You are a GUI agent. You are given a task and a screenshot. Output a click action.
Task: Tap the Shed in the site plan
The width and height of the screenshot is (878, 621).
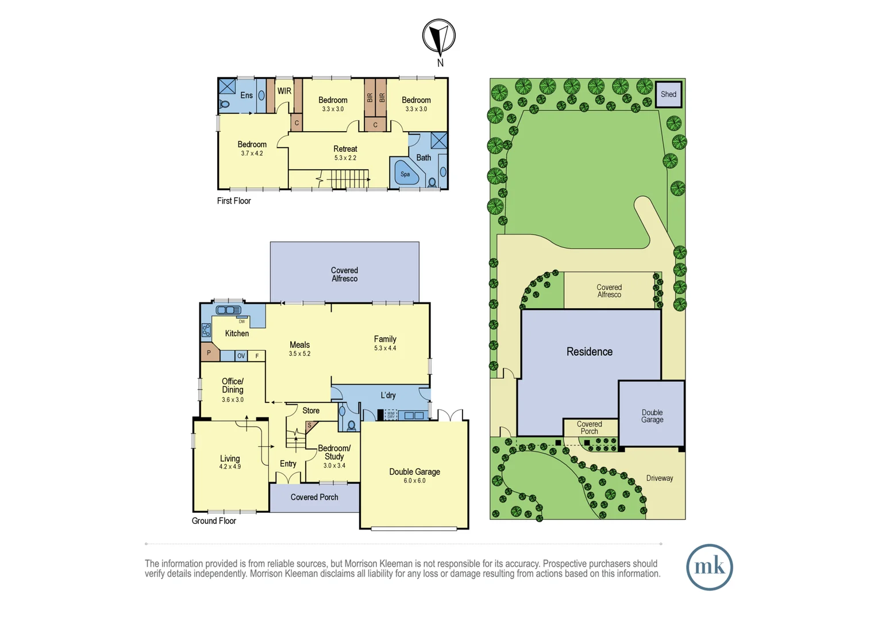click(668, 94)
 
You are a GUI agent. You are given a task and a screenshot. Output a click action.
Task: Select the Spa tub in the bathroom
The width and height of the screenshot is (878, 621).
click(406, 174)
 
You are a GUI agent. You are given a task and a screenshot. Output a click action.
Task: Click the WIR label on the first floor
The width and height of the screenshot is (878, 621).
click(284, 91)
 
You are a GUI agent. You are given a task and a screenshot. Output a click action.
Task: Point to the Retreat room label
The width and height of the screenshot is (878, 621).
click(345, 149)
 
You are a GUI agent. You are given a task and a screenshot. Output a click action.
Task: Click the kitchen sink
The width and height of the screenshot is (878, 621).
click(229, 310)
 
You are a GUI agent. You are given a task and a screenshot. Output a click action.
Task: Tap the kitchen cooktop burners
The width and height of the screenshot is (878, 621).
click(206, 330)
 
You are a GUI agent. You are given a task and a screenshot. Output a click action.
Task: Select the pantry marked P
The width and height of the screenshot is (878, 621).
click(209, 352)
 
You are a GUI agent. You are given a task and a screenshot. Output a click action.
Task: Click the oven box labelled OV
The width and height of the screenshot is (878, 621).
click(241, 356)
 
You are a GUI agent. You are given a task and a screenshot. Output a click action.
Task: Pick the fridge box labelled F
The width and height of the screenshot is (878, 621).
click(257, 356)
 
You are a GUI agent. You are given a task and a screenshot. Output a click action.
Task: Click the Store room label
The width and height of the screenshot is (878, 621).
click(311, 411)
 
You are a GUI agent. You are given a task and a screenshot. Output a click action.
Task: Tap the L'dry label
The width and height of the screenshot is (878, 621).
click(388, 395)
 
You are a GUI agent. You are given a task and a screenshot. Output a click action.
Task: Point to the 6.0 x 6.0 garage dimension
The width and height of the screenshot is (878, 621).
click(414, 481)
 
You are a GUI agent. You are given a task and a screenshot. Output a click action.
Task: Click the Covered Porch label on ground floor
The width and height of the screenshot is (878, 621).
click(314, 497)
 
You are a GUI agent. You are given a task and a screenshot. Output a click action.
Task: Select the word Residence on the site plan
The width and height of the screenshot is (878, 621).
click(590, 352)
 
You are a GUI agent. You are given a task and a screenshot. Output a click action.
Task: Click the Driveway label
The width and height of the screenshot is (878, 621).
click(660, 478)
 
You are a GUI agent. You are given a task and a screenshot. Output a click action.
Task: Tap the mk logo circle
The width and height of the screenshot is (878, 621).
click(710, 567)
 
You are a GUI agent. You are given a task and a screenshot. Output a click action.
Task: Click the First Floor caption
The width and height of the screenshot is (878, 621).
click(234, 201)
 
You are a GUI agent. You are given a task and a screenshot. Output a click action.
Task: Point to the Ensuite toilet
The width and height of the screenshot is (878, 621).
click(225, 104)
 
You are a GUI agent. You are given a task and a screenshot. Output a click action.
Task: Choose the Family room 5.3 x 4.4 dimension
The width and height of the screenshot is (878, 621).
click(385, 348)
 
